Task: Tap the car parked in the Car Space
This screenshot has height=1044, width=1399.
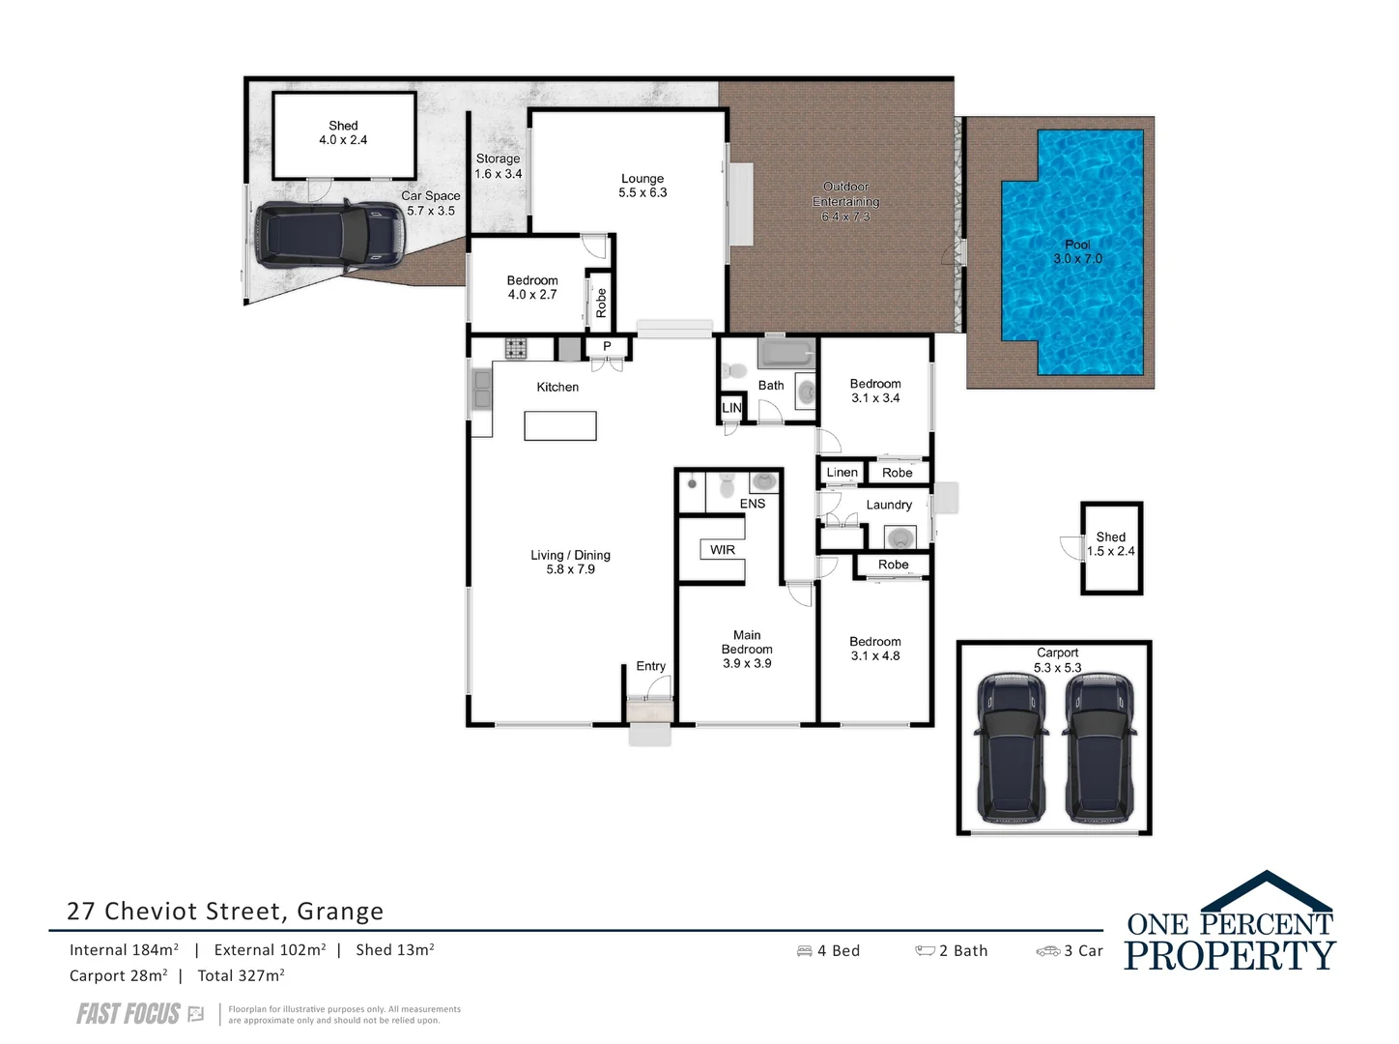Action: (328, 235)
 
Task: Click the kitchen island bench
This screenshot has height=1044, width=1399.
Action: (559, 425)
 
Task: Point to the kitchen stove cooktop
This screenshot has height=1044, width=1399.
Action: (515, 348)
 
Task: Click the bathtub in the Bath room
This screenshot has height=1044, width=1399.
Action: (786, 353)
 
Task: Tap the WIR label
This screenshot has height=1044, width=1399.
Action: (723, 550)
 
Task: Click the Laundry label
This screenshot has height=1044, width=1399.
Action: (889, 505)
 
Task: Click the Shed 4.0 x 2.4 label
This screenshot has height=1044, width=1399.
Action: (343, 132)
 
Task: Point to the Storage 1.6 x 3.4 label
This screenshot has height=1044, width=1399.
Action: (498, 166)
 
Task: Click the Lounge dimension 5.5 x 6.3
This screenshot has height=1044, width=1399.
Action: (642, 192)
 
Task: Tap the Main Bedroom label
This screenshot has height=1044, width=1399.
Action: (747, 642)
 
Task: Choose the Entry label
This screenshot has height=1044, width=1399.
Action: (650, 666)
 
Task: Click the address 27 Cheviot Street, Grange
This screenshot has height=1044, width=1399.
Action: (225, 911)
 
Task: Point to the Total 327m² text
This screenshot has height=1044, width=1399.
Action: (241, 976)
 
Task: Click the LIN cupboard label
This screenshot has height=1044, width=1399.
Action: (731, 408)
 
